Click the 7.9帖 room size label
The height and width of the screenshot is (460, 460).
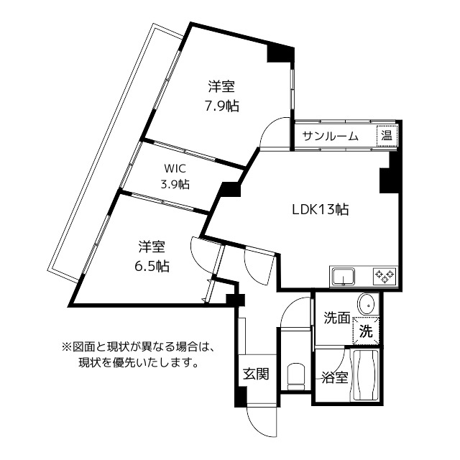(221, 106)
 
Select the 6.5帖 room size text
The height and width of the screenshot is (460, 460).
(152, 265)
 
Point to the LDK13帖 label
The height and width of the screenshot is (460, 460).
(320, 210)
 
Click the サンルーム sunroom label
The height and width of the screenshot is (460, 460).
(330, 136)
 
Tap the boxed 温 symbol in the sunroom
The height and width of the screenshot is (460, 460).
(387, 135)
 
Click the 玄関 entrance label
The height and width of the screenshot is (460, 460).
(255, 374)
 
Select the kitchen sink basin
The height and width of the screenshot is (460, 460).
(344, 275)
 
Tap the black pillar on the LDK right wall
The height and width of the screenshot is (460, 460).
(387, 176)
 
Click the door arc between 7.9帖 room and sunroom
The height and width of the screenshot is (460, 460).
(276, 134)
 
